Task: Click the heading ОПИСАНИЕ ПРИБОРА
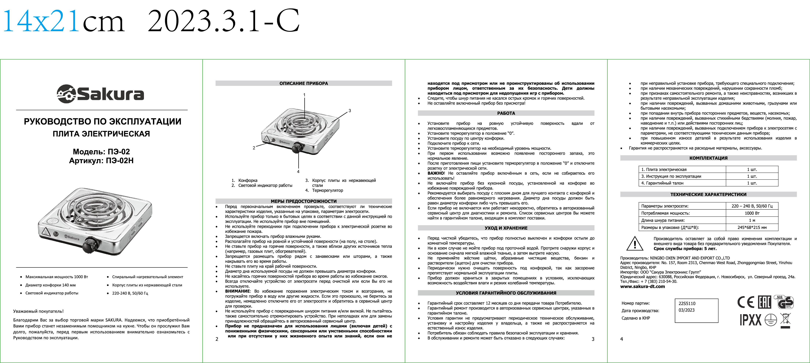pyautogui.click(x=303, y=83)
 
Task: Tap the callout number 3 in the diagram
pyautogui.click(x=350, y=111)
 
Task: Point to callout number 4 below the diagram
pyautogui.click(x=298, y=172)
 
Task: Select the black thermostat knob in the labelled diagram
pyautogui.click(x=297, y=147)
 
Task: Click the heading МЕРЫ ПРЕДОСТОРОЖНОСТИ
pyautogui.click(x=303, y=201)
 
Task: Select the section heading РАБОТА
pyautogui.click(x=506, y=113)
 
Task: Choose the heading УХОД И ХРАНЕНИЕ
pyautogui.click(x=506, y=228)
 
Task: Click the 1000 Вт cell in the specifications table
pyautogui.click(x=752, y=213)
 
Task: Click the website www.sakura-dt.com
pyautogui.click(x=642, y=286)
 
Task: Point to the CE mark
pyautogui.click(x=746, y=302)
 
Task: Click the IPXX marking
pyautogui.click(x=750, y=320)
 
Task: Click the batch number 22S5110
pyautogui.click(x=687, y=304)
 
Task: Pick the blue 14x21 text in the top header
pyautogui.click(x=41, y=21)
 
